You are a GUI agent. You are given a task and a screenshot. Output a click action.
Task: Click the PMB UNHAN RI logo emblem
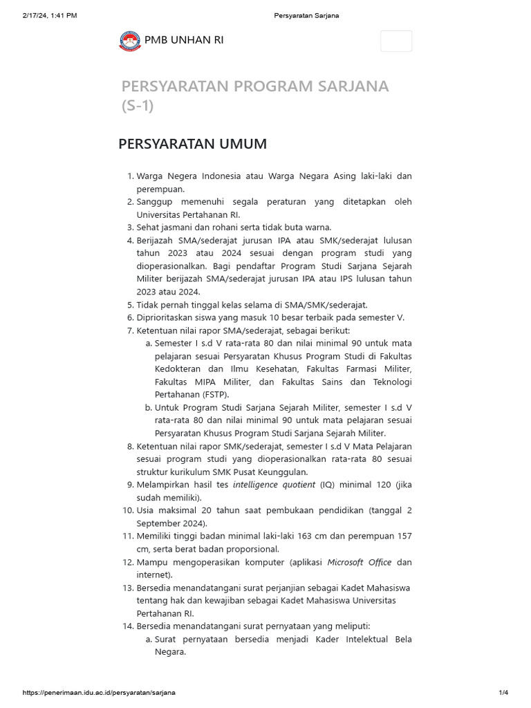(130, 41)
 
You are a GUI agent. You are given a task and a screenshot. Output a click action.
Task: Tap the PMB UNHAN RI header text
(184, 40)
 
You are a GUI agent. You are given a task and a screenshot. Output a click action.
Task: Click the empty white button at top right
(396, 41)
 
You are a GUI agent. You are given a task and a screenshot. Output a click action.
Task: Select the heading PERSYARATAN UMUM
(192, 144)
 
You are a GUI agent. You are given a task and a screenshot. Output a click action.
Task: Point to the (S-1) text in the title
(138, 106)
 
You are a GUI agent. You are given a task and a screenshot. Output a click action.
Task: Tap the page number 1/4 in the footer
(503, 693)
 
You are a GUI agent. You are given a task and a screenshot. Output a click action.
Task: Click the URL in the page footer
(99, 693)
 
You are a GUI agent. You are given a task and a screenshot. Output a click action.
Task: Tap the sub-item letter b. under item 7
(149, 407)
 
